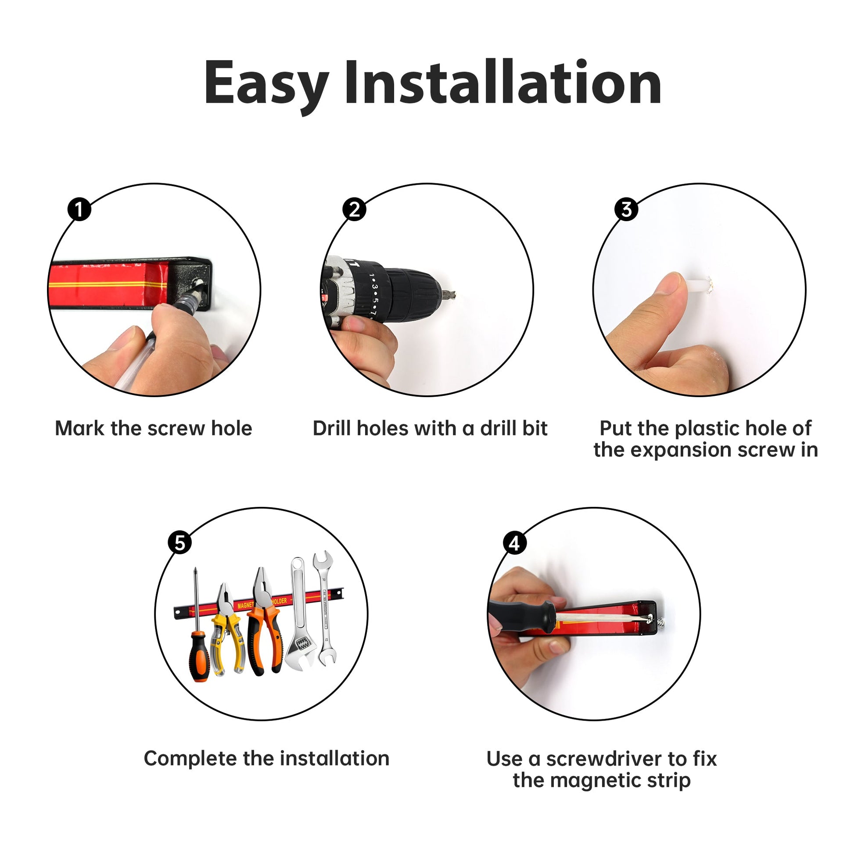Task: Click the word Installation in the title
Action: [502, 82]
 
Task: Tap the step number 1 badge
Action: [79, 209]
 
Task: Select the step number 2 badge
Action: [354, 209]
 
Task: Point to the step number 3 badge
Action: [626, 209]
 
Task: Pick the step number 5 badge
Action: [180, 542]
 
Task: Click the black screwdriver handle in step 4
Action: [522, 612]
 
